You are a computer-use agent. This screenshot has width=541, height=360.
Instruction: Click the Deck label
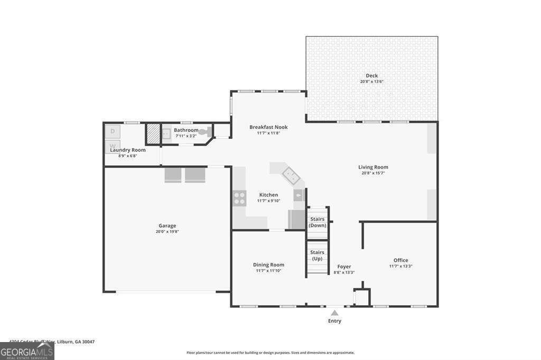click(371, 75)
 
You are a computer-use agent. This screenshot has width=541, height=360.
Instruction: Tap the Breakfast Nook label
click(268, 127)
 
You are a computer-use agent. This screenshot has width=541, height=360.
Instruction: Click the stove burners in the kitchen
click(239, 198)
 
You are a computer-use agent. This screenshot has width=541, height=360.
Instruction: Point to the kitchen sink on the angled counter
click(290, 173)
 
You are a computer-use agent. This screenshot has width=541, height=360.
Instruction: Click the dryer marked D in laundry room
click(113, 131)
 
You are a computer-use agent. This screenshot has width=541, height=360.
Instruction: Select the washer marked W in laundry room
click(113, 145)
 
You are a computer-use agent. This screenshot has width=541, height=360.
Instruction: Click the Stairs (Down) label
click(318, 222)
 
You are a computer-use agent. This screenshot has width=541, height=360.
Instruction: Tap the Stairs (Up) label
click(317, 255)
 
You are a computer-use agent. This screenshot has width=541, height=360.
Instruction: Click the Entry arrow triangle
click(334, 313)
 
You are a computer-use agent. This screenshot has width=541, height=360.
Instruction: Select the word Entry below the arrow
click(334, 321)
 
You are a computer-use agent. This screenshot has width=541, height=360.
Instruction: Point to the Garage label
click(167, 225)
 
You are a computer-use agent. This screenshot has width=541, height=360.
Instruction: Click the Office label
click(400, 260)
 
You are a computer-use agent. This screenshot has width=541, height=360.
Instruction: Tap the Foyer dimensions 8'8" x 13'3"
click(344, 272)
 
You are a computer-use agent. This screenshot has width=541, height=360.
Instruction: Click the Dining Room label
click(269, 265)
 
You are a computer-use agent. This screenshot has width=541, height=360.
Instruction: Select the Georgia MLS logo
click(27, 352)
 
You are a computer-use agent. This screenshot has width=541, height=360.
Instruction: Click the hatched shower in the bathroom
click(153, 134)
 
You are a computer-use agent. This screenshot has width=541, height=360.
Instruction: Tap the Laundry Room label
click(128, 150)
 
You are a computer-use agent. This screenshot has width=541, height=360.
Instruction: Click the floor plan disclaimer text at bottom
click(270, 353)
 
